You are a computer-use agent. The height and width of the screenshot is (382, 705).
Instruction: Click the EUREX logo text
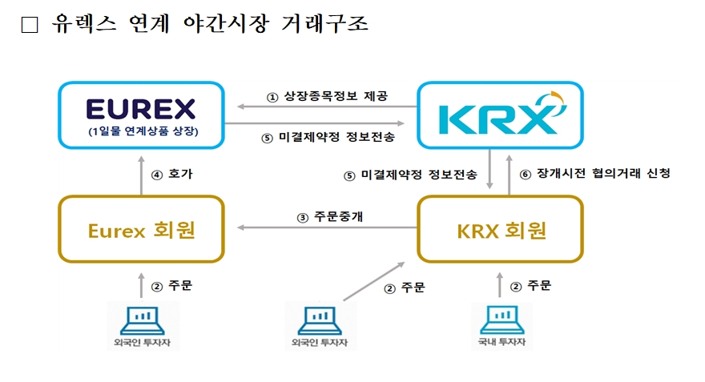141,108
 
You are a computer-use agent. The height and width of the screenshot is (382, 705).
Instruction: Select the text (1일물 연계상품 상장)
141,131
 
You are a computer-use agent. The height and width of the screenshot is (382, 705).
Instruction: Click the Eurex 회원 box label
141,231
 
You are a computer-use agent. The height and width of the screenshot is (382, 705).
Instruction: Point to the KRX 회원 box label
501,231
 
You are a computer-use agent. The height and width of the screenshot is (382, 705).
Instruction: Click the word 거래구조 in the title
324,24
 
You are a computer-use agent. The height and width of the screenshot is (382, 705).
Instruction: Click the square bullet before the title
30,26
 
